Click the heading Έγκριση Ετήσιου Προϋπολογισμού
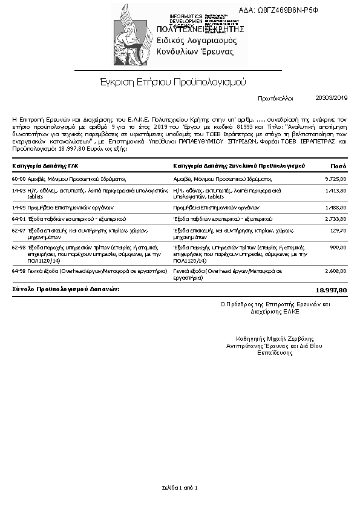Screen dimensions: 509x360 pyautogui.click(x=172, y=81)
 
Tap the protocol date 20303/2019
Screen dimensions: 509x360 pyautogui.click(x=332, y=97)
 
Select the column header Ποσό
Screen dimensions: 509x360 pyautogui.click(x=338, y=165)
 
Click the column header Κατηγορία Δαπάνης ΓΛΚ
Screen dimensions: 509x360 pyautogui.click(x=45, y=165)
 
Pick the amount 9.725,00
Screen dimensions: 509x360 pyautogui.click(x=336, y=179)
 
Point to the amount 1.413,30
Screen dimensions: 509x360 pyautogui.click(x=336, y=191)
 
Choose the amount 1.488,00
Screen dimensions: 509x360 pyautogui.click(x=336, y=206)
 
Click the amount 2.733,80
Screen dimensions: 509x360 pyautogui.click(x=336, y=218)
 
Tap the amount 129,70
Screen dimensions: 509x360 pyautogui.click(x=339, y=230)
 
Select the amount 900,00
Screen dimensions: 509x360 pyautogui.click(x=338, y=248)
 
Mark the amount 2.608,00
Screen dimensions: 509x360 pyautogui.click(x=336, y=272)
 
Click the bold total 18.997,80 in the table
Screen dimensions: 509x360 pyautogui.click(x=332, y=291)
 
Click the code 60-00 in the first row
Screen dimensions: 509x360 pyautogui.click(x=19, y=179)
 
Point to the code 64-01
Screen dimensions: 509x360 pyautogui.click(x=19, y=218)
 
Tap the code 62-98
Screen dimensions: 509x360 pyautogui.click(x=19, y=248)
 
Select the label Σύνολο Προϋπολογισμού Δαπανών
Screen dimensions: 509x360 pyautogui.click(x=66, y=290)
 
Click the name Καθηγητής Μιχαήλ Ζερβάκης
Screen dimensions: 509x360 pyautogui.click(x=275, y=339)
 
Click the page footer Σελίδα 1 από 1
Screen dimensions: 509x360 pyautogui.click(x=180, y=487)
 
